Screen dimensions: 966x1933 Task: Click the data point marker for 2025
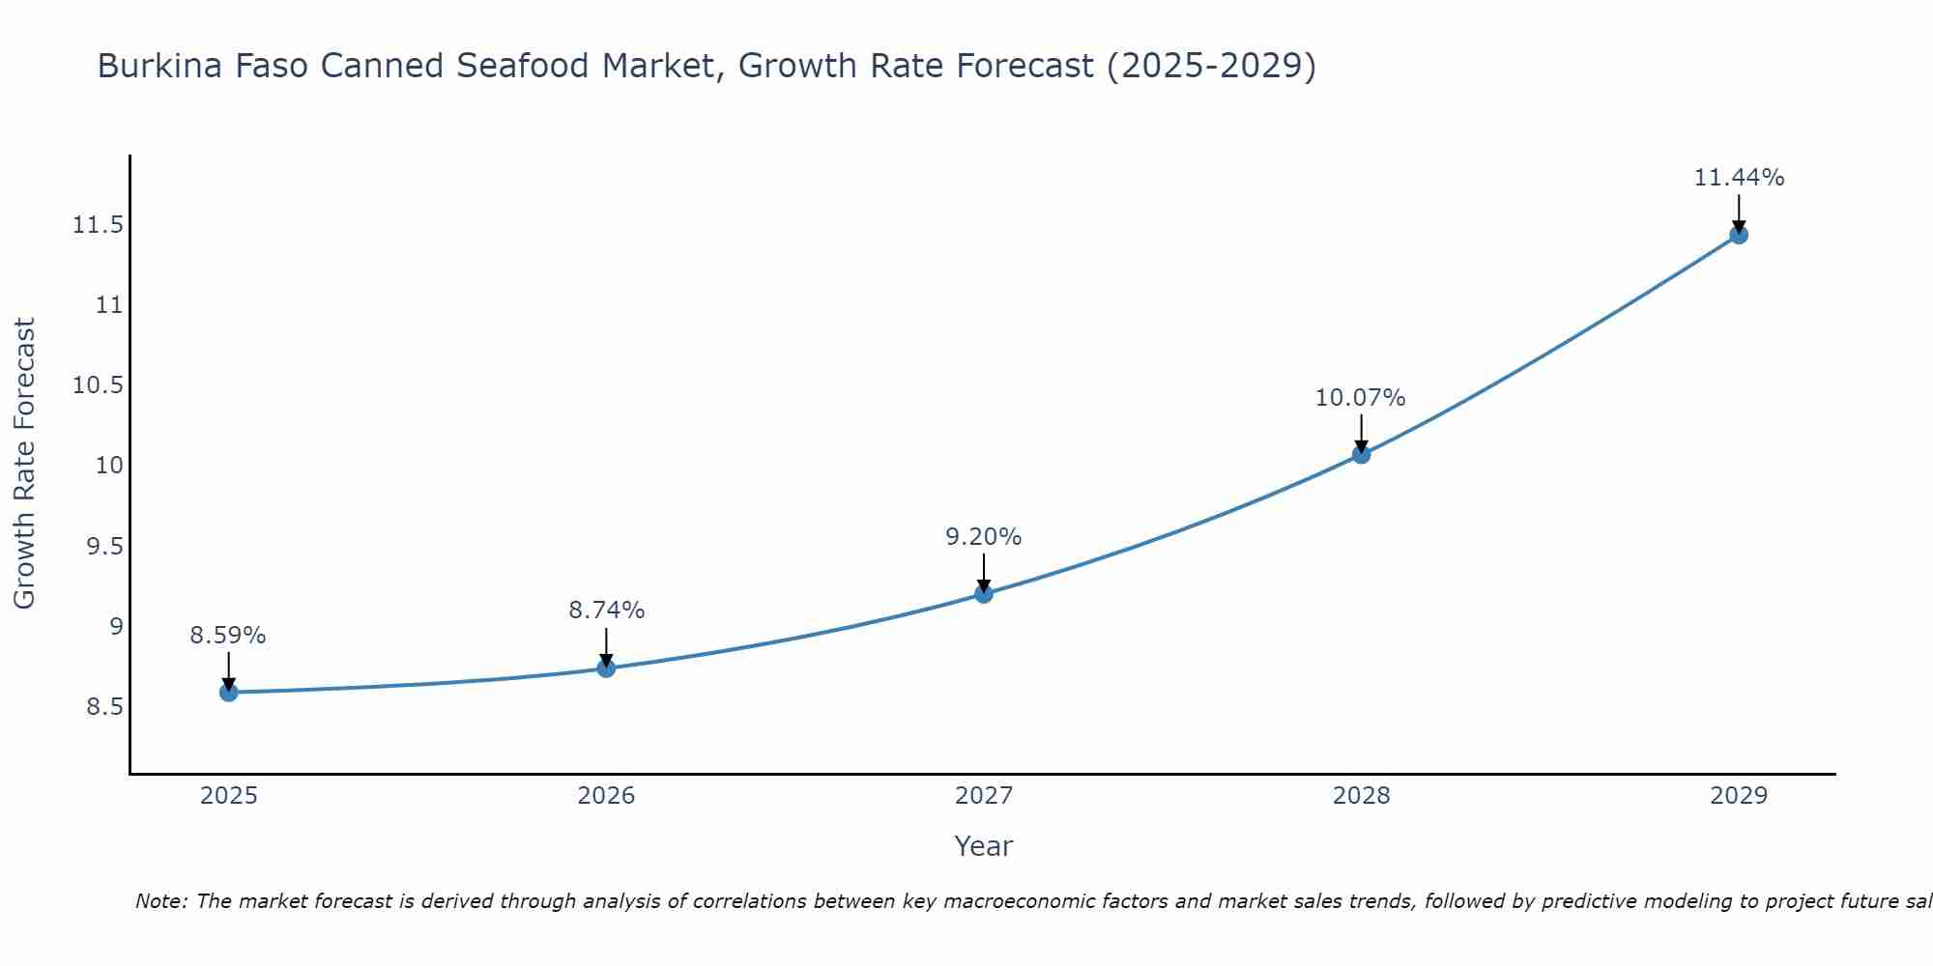coord(229,692)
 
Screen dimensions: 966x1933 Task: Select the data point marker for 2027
coord(984,593)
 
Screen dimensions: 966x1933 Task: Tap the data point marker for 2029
coord(1739,235)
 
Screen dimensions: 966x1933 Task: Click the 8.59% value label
coord(228,636)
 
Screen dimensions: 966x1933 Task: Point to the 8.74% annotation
coord(606,611)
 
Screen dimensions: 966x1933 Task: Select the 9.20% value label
coord(984,537)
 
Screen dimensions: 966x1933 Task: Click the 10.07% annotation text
coord(1361,398)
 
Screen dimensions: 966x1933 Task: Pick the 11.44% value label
coord(1739,178)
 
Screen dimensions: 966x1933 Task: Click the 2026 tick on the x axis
coord(606,796)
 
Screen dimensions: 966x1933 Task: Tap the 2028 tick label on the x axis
coord(1361,796)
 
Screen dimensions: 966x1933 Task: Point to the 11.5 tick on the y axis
coord(99,225)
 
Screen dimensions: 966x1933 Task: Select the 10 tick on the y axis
coord(109,466)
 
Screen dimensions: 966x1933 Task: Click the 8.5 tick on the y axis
coord(104,707)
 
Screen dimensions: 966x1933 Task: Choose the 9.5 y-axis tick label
coord(104,547)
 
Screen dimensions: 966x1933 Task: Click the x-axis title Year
coord(983,846)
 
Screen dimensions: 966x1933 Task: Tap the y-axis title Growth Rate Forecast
coord(25,464)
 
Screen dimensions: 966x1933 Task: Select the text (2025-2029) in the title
coord(1211,66)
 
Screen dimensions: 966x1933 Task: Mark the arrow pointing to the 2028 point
coord(1361,434)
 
